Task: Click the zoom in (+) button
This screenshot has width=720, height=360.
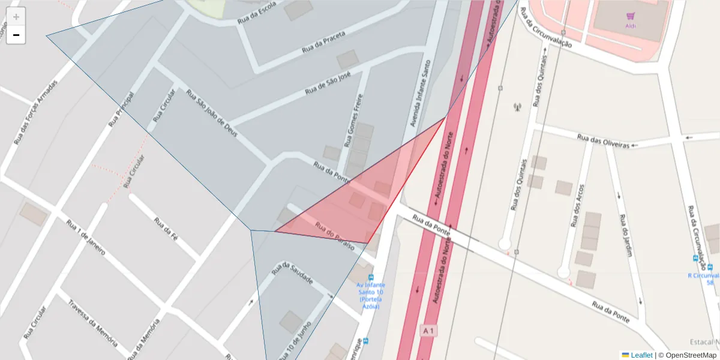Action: (x=16, y=17)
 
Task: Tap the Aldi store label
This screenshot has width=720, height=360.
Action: (x=630, y=25)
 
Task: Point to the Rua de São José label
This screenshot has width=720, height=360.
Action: (x=328, y=85)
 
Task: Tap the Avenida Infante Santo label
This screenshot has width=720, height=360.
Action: (x=420, y=92)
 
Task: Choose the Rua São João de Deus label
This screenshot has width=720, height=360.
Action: (x=212, y=114)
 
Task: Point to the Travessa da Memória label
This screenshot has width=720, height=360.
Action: (x=92, y=323)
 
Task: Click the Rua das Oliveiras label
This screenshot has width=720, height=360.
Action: (x=603, y=141)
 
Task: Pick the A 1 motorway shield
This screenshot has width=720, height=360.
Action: (x=428, y=331)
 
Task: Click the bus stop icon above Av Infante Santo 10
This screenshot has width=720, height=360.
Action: (x=371, y=278)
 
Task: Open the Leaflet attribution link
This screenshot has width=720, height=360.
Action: (x=641, y=355)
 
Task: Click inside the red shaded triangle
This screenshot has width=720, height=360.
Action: (x=360, y=198)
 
